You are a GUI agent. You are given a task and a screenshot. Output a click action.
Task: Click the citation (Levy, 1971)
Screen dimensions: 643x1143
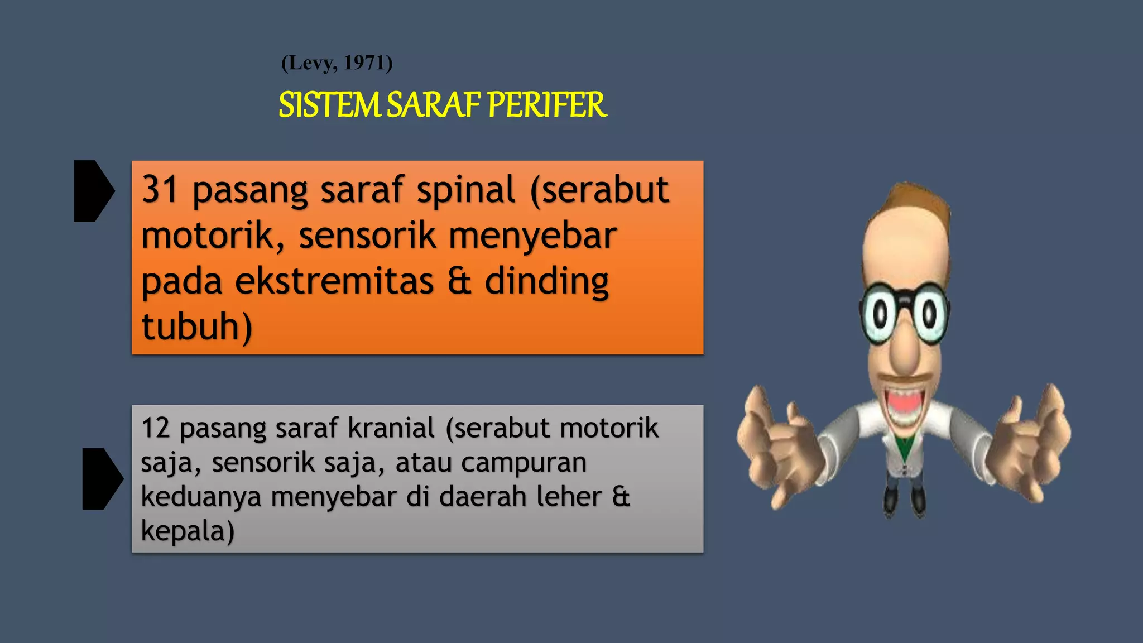337,63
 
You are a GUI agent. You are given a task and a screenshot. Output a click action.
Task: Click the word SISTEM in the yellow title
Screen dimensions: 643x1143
329,105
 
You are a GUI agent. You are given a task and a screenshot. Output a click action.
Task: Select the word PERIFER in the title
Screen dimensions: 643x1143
546,105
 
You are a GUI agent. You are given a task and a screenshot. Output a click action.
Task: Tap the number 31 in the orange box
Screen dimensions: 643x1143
160,190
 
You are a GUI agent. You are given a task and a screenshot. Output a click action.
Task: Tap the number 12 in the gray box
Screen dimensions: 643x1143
155,428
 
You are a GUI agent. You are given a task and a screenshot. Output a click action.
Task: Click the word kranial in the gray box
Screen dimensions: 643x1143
391,428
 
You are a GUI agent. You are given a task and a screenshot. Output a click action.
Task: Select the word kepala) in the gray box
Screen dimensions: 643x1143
188,531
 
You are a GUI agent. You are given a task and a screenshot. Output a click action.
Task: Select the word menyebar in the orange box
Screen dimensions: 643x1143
532,236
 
